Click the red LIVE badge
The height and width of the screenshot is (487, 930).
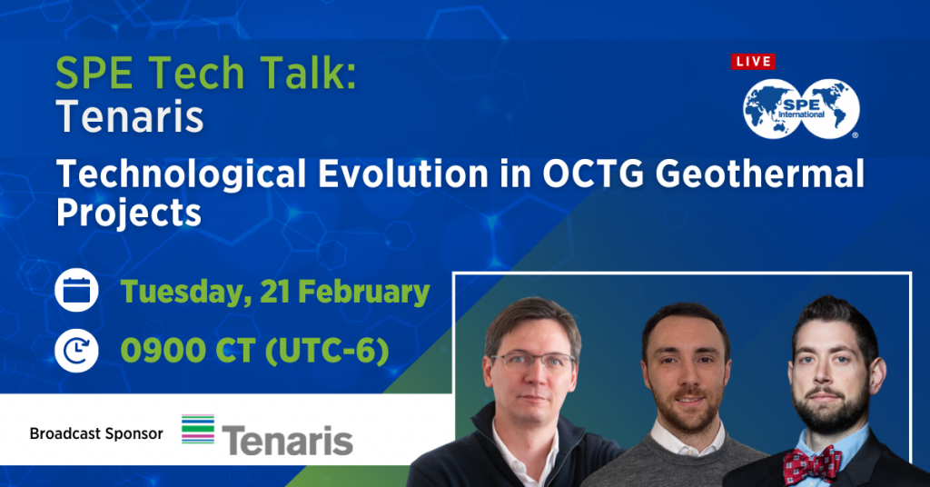point(753,62)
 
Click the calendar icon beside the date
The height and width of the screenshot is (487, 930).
point(76,292)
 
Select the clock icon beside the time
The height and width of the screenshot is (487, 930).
point(76,350)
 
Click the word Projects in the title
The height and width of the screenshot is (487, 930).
point(128,213)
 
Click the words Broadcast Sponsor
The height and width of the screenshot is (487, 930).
point(96,433)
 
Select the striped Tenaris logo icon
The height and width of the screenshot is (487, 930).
point(198,429)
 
